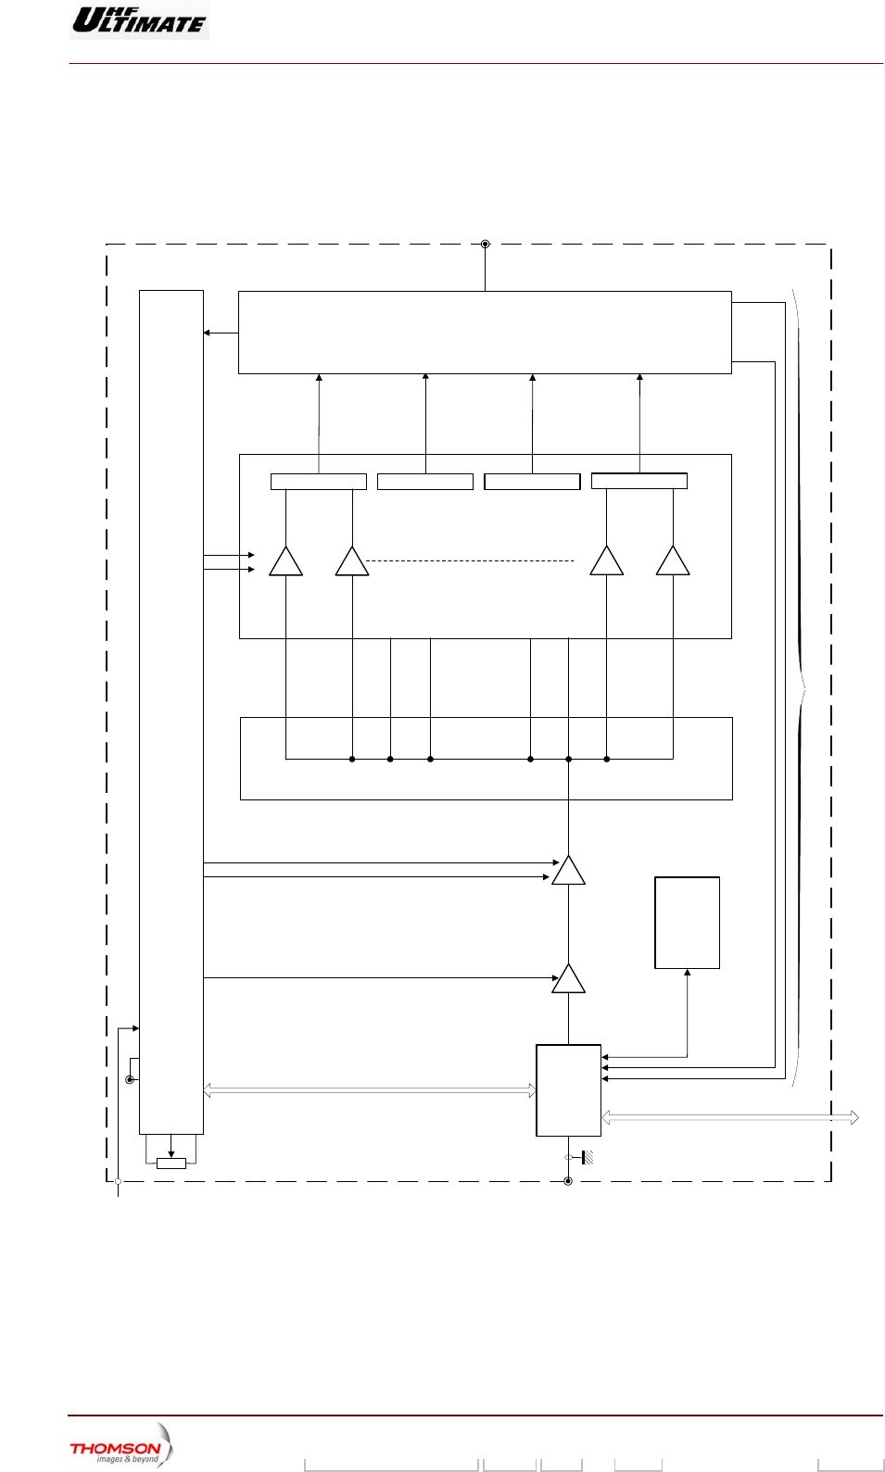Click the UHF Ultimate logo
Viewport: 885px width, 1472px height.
click(x=139, y=19)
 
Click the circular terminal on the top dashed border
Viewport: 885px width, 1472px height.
click(x=485, y=245)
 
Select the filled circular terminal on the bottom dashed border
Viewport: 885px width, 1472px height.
click(x=568, y=1181)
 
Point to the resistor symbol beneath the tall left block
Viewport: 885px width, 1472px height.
click(x=171, y=1164)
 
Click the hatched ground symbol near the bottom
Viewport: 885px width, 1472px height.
click(x=588, y=1157)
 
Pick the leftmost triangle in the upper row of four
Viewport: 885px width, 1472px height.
click(x=285, y=562)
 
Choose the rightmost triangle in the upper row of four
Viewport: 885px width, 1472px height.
click(x=673, y=562)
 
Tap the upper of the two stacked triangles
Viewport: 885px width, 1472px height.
click(x=568, y=872)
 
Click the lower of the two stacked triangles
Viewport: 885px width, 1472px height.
click(x=568, y=980)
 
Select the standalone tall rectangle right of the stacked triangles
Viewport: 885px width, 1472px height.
click(x=687, y=923)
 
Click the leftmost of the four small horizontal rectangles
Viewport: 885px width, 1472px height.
click(x=318, y=482)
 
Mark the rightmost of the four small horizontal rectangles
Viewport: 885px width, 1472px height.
click(x=639, y=481)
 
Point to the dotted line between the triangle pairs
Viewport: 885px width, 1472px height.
click(x=471, y=560)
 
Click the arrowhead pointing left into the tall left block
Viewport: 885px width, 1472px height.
click(x=207, y=333)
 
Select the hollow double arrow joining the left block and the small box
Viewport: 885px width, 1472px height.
click(x=369, y=1091)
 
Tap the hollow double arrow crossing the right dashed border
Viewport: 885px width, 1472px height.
click(x=730, y=1118)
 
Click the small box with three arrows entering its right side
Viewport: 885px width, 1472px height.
click(x=568, y=1090)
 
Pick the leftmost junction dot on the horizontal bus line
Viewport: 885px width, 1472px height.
click(x=352, y=759)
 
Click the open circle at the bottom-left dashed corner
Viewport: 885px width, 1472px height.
click(x=119, y=1181)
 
